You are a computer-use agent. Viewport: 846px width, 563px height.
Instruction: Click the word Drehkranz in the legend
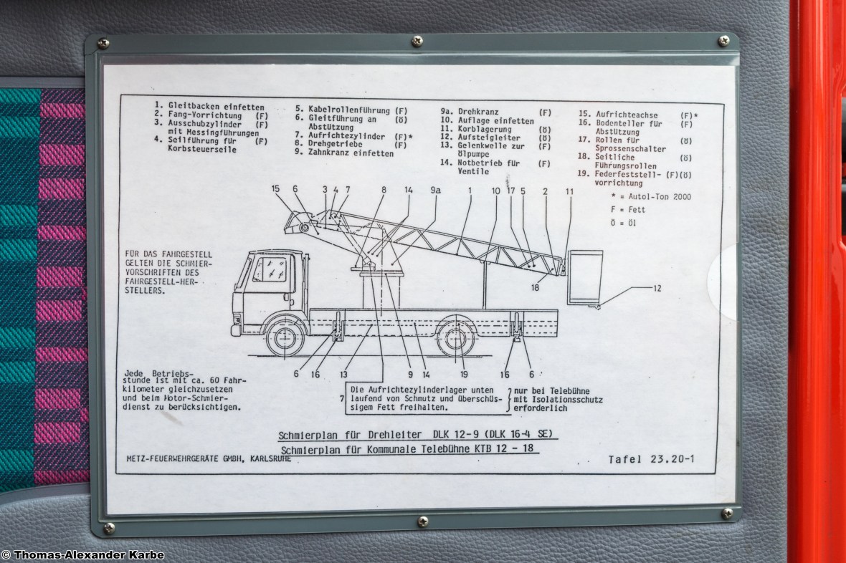tap(478, 112)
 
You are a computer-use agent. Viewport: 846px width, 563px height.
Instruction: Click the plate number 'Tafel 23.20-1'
tap(651, 459)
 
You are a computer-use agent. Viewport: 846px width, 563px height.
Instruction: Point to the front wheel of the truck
tap(285, 338)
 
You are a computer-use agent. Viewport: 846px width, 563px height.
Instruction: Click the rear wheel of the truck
tap(457, 338)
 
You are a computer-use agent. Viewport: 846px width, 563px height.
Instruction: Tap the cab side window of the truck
tap(270, 269)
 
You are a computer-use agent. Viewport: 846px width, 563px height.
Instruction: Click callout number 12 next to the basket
tap(657, 288)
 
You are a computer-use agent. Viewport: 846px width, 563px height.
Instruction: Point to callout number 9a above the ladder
tap(435, 190)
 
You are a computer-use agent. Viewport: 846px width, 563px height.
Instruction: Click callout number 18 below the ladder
tap(535, 287)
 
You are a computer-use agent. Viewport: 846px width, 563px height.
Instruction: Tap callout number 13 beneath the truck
tap(343, 374)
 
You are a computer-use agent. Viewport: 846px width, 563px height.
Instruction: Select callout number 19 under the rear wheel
tap(463, 374)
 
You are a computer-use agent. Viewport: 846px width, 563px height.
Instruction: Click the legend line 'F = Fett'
tap(628, 210)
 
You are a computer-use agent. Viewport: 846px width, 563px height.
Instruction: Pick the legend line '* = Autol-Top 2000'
tap(651, 197)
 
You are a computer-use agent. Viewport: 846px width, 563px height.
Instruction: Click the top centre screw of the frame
tap(417, 40)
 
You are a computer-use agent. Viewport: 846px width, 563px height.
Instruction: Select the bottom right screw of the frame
tap(727, 513)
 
